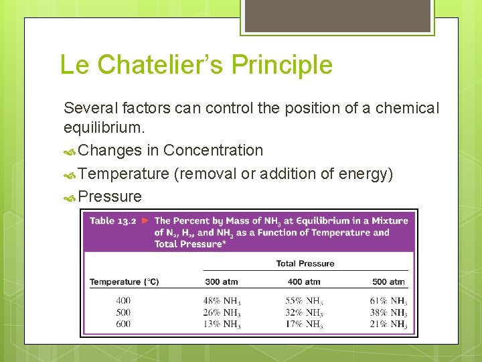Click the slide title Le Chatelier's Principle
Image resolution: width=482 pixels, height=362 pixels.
[195, 65]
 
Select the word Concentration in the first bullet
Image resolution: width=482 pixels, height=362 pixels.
[213, 150]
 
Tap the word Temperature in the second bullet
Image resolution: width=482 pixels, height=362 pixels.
[123, 174]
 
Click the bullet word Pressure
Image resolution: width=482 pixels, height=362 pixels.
[110, 196]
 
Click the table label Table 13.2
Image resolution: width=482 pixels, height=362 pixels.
[112, 221]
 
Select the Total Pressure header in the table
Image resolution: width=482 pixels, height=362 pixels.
[305, 263]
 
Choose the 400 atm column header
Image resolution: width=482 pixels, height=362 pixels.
[304, 282]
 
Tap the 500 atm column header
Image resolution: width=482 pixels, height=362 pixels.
[388, 282]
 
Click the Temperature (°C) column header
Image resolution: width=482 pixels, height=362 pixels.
[124, 282]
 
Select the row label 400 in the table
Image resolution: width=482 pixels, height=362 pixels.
[123, 301]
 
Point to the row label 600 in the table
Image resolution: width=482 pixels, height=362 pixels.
[123, 324]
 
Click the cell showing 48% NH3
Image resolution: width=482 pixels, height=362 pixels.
[222, 301]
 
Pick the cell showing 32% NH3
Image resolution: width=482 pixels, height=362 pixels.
[304, 312]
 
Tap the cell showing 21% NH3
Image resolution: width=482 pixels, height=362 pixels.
[388, 324]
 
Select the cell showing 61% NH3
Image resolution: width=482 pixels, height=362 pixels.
[388, 301]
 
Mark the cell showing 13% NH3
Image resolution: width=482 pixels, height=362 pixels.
[222, 324]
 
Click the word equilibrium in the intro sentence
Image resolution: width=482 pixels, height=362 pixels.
[104, 127]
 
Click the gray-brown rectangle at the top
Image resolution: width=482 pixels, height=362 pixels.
[336, 15]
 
